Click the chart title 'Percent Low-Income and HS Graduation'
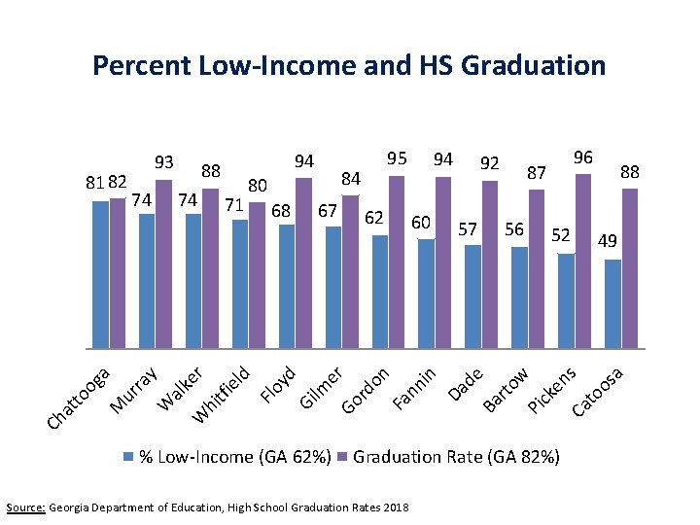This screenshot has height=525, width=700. (348, 66)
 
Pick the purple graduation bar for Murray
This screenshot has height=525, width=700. (163, 263)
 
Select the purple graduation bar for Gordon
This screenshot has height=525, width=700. (397, 262)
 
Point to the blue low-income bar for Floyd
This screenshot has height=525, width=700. (287, 286)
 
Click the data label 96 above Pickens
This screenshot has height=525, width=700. (583, 157)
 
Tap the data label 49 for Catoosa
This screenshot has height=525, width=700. (610, 240)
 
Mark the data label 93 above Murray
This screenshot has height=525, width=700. (164, 161)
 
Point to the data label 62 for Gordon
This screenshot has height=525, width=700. (374, 217)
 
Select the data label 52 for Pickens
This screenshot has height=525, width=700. (561, 234)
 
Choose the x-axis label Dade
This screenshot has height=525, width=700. (467, 384)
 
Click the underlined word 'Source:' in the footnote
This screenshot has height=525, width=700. (25, 507)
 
